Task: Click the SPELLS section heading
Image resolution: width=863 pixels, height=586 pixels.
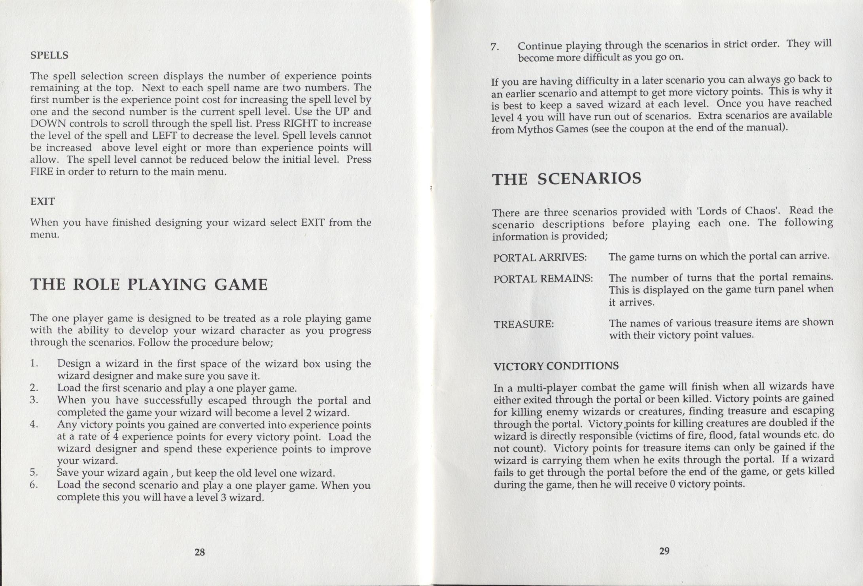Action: click(49, 55)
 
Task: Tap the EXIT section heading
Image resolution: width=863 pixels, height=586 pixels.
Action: click(42, 202)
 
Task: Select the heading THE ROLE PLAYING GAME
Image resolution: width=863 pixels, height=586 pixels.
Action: click(149, 285)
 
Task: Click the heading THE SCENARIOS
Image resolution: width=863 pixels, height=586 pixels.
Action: click(566, 179)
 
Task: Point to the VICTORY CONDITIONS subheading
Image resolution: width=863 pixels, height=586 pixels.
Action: click(556, 366)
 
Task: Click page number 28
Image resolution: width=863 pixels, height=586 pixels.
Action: click(200, 552)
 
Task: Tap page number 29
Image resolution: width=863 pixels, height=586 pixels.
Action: click(664, 551)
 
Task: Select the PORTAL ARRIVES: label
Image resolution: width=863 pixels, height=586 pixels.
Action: click(539, 258)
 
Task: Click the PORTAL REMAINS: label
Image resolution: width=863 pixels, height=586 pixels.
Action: click(543, 279)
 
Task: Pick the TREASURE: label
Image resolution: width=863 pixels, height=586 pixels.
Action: click(523, 324)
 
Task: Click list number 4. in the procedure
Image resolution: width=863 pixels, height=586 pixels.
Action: click(34, 424)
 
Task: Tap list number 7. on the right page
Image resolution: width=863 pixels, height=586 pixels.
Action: click(494, 47)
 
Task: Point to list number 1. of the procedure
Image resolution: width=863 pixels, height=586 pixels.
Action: click(34, 363)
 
